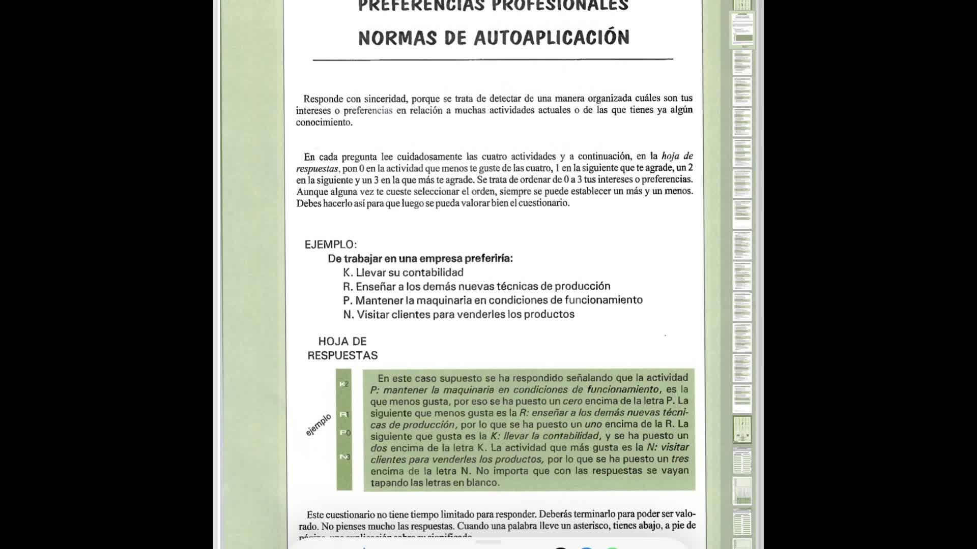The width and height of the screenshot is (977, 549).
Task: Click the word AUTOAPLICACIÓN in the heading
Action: [552, 38]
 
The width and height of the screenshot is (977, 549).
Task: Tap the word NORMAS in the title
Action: [397, 38]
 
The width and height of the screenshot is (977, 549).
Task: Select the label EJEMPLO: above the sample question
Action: [330, 245]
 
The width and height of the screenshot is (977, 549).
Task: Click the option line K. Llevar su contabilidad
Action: [403, 272]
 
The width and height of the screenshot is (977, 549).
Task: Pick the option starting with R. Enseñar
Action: [476, 286]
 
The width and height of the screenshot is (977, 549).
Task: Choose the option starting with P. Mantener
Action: [493, 300]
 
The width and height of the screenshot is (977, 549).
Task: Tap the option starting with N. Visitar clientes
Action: [458, 314]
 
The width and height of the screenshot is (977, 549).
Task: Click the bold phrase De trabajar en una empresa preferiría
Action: [420, 258]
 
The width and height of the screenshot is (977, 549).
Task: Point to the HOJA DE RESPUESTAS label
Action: [342, 348]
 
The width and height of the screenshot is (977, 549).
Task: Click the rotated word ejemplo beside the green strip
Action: [319, 424]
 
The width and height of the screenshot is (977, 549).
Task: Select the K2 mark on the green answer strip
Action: [344, 384]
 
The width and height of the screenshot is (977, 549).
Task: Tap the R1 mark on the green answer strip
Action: [344, 414]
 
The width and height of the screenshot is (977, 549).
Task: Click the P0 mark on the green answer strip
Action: [344, 433]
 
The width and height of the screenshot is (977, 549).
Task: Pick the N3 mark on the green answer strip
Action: [344, 456]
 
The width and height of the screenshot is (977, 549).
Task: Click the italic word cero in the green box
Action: [572, 401]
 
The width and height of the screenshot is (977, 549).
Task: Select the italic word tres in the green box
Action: [680, 459]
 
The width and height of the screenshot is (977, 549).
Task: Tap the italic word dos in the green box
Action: [379, 448]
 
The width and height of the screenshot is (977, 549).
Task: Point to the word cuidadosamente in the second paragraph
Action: [429, 157]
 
